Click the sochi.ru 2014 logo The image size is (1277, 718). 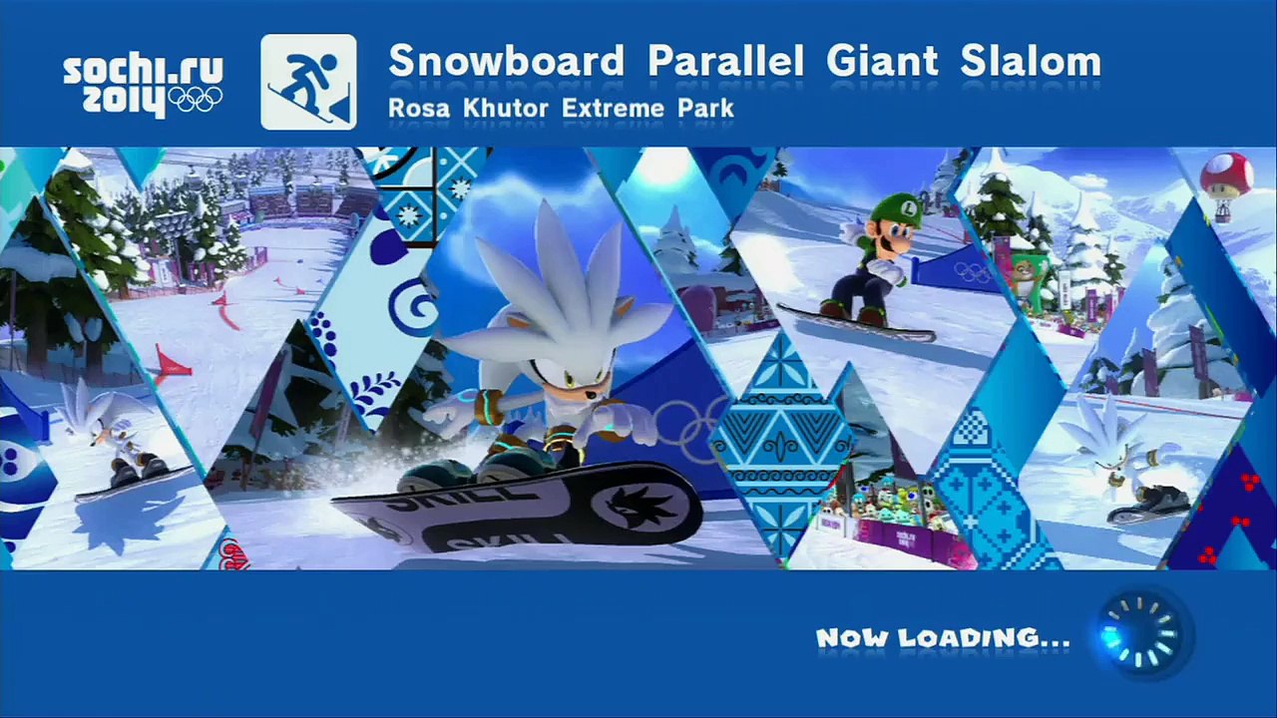tap(143, 85)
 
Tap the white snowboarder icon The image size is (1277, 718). tap(308, 82)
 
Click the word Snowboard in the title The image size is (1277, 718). tap(506, 62)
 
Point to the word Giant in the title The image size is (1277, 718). tap(882, 62)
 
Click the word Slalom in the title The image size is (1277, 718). tap(1031, 62)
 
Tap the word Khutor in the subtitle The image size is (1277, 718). tap(507, 108)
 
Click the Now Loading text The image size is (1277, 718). tap(943, 638)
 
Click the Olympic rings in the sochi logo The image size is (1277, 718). tap(196, 99)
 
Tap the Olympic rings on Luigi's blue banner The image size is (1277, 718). tap(972, 271)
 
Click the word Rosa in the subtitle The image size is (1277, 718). tap(419, 108)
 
